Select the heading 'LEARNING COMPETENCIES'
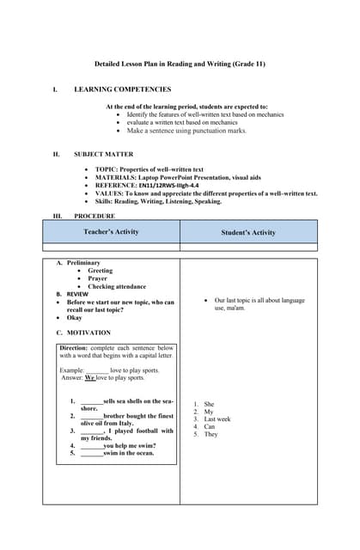[122, 89]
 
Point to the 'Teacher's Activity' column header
[111, 232]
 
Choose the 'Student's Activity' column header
[248, 233]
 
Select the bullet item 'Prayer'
[98, 278]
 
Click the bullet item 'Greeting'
[101, 271]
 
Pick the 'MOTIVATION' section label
[88, 333]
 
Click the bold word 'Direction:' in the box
[73, 348]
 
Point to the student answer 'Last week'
[217, 419]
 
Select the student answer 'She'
[209, 404]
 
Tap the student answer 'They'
[211, 435]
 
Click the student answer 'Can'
[209, 427]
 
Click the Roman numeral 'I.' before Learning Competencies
[55, 89]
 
